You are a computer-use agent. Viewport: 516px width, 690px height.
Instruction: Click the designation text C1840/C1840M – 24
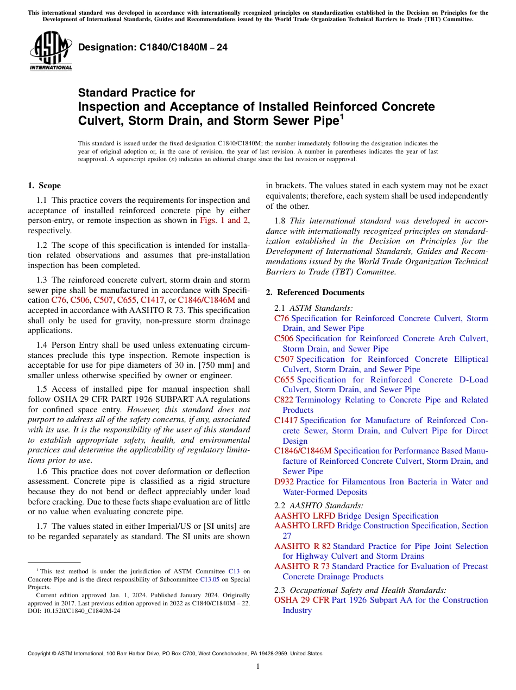(x=153, y=48)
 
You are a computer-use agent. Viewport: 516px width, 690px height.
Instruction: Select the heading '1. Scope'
(x=44, y=186)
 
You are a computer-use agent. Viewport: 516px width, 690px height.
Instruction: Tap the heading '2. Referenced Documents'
(x=315, y=292)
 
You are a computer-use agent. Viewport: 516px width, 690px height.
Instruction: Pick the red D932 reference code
(x=284, y=482)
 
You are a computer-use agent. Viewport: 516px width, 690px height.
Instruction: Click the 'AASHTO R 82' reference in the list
(x=302, y=546)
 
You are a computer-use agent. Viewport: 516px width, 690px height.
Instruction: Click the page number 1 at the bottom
(x=258, y=667)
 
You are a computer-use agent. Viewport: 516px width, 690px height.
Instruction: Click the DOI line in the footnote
(x=74, y=610)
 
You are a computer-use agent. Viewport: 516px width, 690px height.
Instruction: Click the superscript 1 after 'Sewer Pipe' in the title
(x=342, y=116)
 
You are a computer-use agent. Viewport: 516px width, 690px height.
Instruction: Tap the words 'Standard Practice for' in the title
(x=136, y=93)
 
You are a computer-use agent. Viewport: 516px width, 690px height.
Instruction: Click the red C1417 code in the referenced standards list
(x=286, y=420)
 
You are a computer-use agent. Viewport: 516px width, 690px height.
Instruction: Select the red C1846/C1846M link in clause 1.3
(x=206, y=300)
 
